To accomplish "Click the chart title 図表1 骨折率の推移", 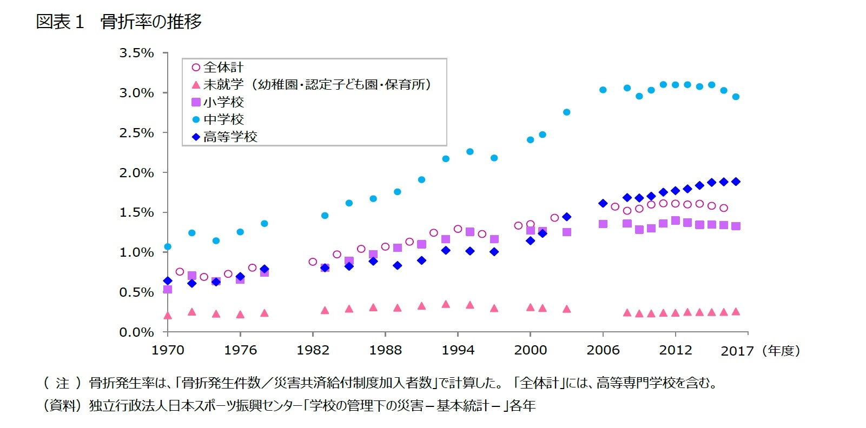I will coord(118,22).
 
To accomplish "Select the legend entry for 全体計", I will coord(223,68).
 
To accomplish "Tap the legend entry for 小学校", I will coord(223,102).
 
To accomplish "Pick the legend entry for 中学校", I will coord(223,119).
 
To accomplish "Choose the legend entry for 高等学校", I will coord(230,137).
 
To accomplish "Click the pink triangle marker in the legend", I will coord(196,85).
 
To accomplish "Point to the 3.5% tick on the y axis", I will coord(136,53).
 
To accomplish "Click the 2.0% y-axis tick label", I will coord(136,173).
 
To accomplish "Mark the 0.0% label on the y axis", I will coord(136,332).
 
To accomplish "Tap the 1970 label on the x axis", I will coord(168,350).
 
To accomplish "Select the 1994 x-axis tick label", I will coord(458,350).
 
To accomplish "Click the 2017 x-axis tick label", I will coord(737,351).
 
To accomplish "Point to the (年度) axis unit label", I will coord(781,351).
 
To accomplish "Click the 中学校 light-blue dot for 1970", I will coord(168,247).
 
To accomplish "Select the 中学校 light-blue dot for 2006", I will coord(603,90).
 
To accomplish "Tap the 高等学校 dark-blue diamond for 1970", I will coord(168,281).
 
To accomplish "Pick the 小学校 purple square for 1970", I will coord(168,290).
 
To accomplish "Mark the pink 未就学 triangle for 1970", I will coord(168,316).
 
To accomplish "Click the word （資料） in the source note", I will coord(62,405).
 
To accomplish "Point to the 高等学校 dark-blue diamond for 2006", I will coord(603,203).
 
